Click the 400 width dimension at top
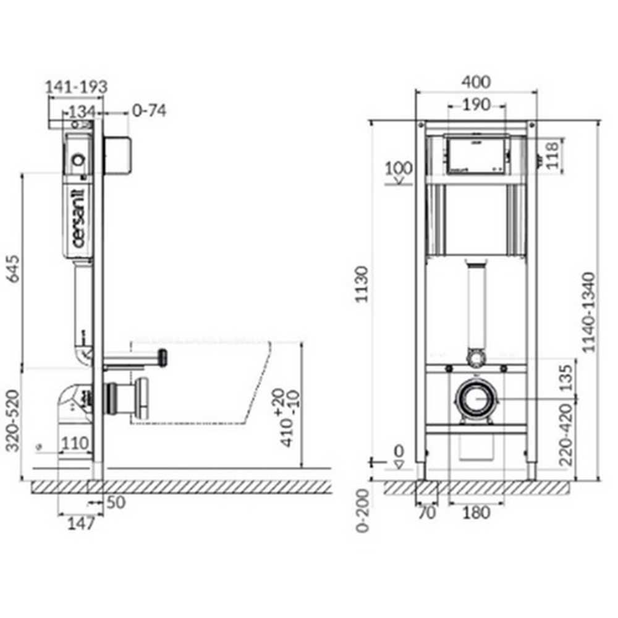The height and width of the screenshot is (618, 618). [x=476, y=82]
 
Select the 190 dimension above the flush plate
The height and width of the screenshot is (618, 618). [x=476, y=104]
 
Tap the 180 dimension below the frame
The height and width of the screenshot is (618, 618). [x=476, y=512]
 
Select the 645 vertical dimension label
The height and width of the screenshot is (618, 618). [x=13, y=270]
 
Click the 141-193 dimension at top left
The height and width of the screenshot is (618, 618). [x=77, y=87]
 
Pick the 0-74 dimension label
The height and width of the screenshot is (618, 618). [x=149, y=111]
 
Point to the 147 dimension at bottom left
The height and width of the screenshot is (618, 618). [x=81, y=524]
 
